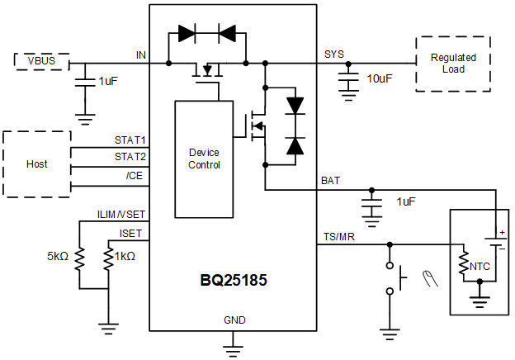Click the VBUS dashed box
point(41,62)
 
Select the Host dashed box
point(36,163)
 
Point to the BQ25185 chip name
point(233,280)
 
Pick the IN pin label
point(141,54)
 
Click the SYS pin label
point(334,54)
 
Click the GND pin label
point(234,320)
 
